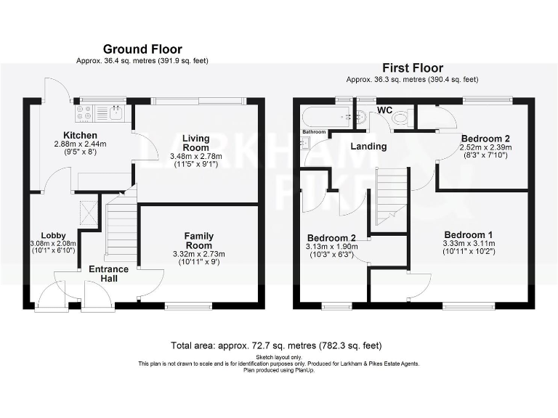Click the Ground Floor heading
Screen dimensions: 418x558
(x=142, y=49)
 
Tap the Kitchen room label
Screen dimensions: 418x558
(x=80, y=136)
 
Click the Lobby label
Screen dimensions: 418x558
(x=53, y=235)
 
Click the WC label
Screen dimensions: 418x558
(x=384, y=110)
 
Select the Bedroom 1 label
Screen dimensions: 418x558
(x=469, y=234)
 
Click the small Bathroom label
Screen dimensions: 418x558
(x=314, y=131)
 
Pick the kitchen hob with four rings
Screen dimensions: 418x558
(x=84, y=112)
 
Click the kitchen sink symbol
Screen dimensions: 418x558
(x=115, y=112)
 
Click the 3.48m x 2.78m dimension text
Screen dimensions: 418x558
(x=195, y=157)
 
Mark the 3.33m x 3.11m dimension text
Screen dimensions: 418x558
(x=469, y=244)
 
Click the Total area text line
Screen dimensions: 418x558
(x=276, y=346)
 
